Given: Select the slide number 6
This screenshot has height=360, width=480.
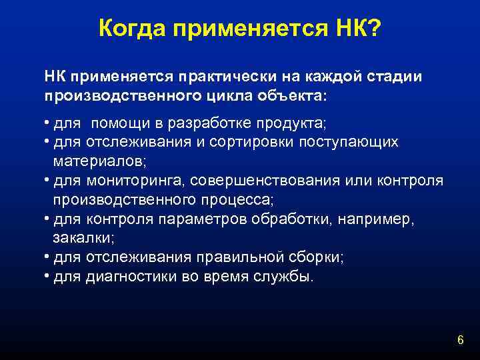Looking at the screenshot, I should click(460, 341).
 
